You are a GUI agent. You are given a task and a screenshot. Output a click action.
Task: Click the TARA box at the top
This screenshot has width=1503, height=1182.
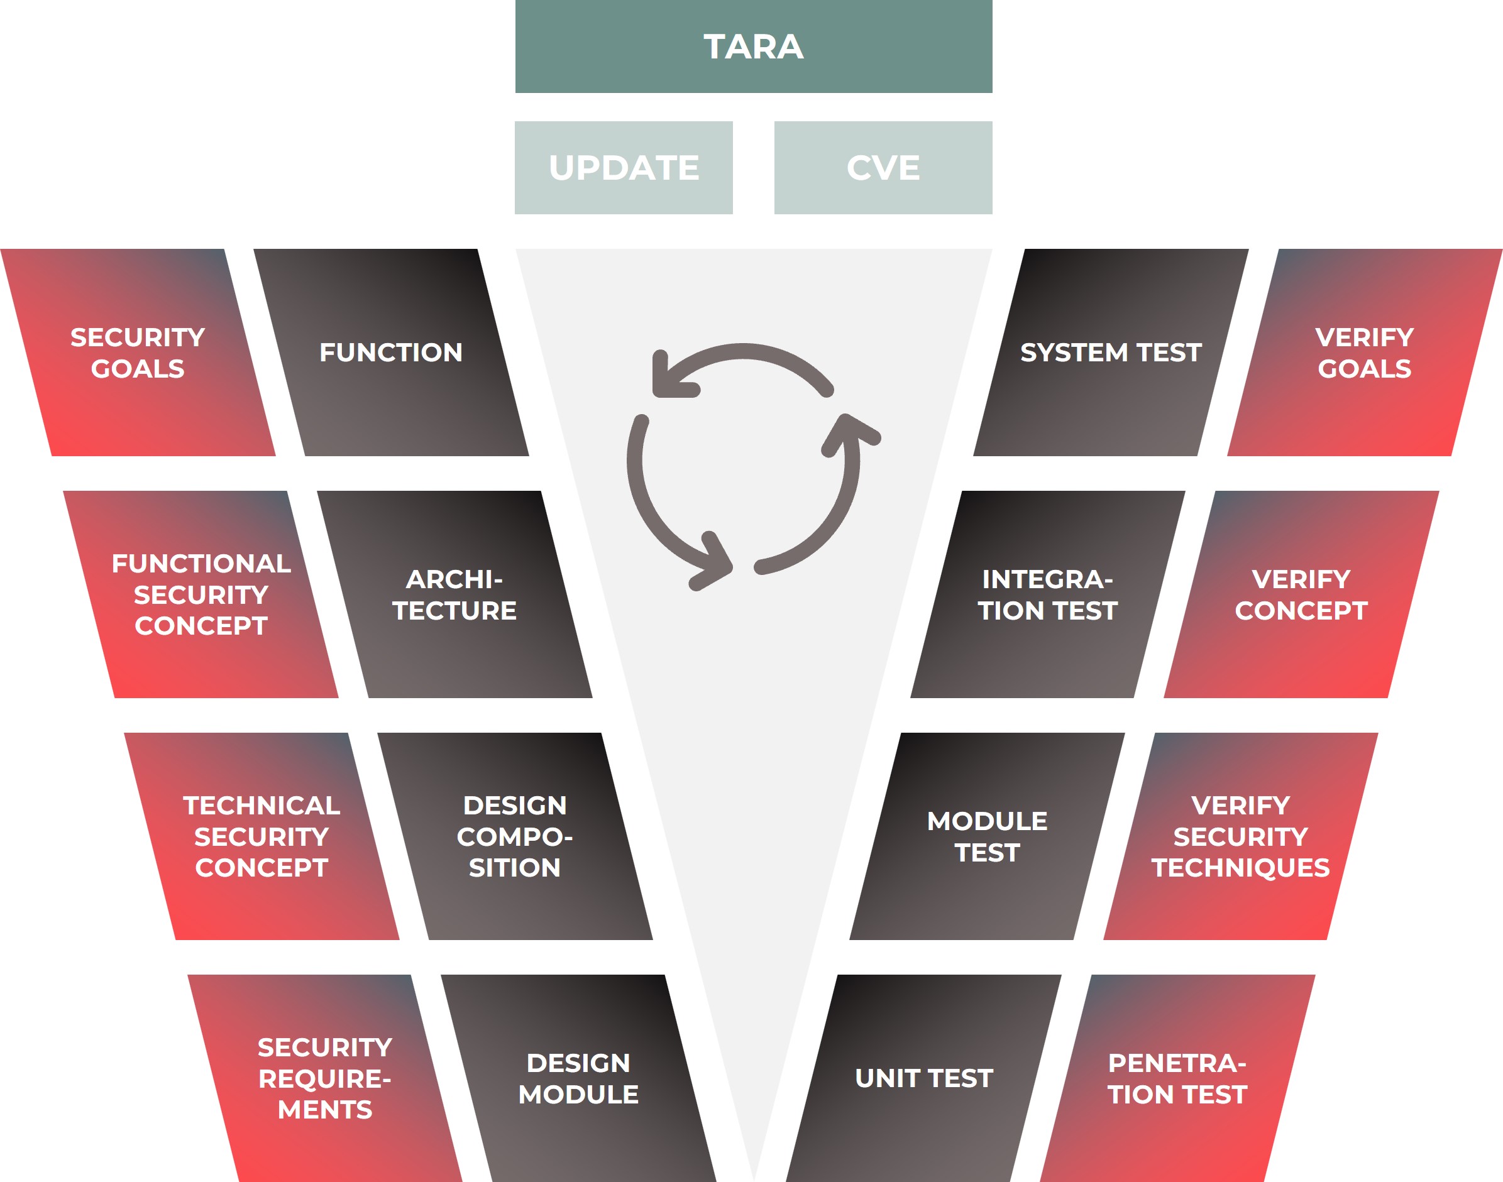[x=753, y=47]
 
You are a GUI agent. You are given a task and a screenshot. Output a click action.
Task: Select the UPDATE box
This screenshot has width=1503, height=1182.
[x=623, y=168]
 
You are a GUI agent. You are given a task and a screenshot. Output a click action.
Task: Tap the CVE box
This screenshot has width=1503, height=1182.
[x=883, y=168]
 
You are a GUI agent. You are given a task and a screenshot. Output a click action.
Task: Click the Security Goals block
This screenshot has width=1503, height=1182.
[x=138, y=353]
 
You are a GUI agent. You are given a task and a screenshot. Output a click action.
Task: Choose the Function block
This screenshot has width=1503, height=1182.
[x=391, y=353]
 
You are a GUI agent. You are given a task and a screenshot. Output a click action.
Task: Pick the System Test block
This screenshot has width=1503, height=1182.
[x=1111, y=353]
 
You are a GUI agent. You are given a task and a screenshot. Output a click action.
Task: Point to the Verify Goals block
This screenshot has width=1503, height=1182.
[x=1364, y=353]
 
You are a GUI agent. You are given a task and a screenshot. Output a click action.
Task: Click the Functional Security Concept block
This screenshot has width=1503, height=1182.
[x=201, y=594]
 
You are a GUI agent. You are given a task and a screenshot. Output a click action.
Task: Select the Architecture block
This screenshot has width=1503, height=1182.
[x=454, y=594]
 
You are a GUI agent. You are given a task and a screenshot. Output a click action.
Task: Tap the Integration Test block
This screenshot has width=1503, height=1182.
[x=1047, y=594]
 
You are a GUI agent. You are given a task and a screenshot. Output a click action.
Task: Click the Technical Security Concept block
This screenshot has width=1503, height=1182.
[x=262, y=836]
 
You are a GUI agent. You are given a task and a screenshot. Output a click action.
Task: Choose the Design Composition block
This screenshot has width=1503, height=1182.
[x=515, y=836]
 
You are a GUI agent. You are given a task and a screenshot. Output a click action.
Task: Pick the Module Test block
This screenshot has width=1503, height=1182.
[x=988, y=836]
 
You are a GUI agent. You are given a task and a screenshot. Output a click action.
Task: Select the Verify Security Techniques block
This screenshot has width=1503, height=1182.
[x=1241, y=836]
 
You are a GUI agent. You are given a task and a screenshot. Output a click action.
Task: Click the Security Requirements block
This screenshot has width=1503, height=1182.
[x=326, y=1078]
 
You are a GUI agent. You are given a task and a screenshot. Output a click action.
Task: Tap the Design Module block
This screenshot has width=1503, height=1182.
[x=579, y=1078]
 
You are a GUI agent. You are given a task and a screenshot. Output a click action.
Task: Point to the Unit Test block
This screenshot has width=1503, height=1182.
[x=923, y=1078]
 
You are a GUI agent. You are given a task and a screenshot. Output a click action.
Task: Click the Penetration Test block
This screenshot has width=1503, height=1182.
[x=1177, y=1078]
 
